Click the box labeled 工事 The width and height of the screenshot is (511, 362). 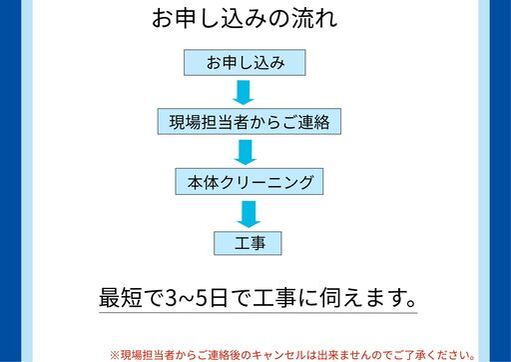point(247,242)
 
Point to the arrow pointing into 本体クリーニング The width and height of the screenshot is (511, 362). point(245,152)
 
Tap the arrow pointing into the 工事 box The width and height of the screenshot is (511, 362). point(247,212)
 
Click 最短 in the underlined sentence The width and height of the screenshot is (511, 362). point(123,298)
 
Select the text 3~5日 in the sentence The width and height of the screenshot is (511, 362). point(199,298)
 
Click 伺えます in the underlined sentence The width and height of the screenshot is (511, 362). point(359,298)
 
